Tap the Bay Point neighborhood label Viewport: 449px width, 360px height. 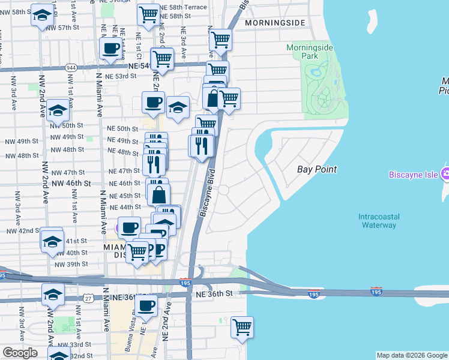pyautogui.click(x=317, y=170)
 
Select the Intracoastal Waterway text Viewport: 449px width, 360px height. pyautogui.click(x=378, y=220)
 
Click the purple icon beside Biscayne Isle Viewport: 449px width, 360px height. pyautogui.click(x=445, y=174)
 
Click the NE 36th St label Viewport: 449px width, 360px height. pyautogui.click(x=212, y=293)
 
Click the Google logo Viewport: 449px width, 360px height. pyautogui.click(x=20, y=353)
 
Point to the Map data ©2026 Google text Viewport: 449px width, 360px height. pyautogui.click(x=411, y=355)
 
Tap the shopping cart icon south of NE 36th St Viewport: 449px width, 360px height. pyautogui.click(x=242, y=328)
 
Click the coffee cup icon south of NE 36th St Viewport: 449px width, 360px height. pyautogui.click(x=146, y=306)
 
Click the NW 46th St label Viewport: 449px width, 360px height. pyautogui.click(x=70, y=182)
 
